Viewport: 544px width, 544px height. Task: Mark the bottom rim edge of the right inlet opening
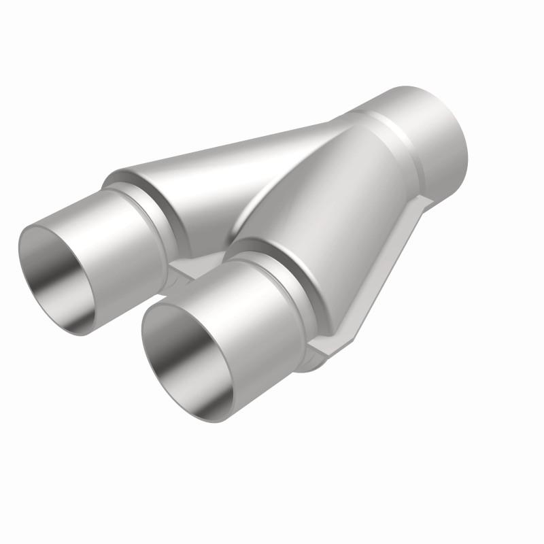pos(190,411)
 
